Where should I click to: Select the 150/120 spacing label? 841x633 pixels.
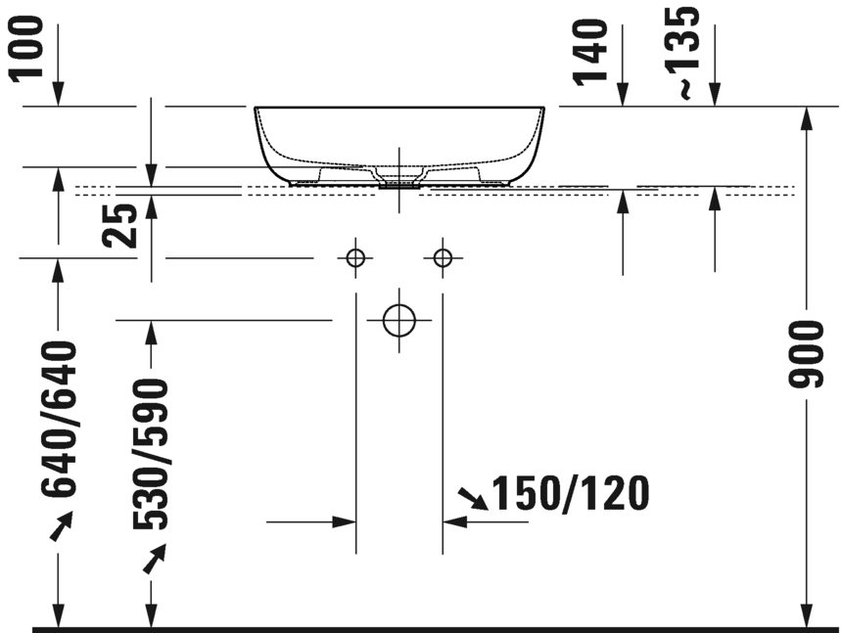point(570,495)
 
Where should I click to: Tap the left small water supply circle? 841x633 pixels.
point(355,258)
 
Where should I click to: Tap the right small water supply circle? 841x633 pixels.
point(444,258)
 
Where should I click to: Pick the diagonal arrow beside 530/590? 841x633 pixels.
point(153,560)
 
